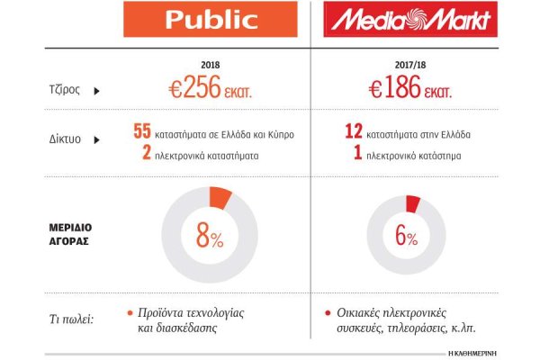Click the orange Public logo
pos(210,19)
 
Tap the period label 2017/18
pos(395,66)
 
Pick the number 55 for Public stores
pos(141,132)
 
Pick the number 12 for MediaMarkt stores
pos(353,132)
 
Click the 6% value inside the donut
pos(406,238)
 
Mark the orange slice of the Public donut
pos(220,197)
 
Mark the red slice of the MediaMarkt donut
pos(413,204)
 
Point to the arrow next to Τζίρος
pos(94,90)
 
